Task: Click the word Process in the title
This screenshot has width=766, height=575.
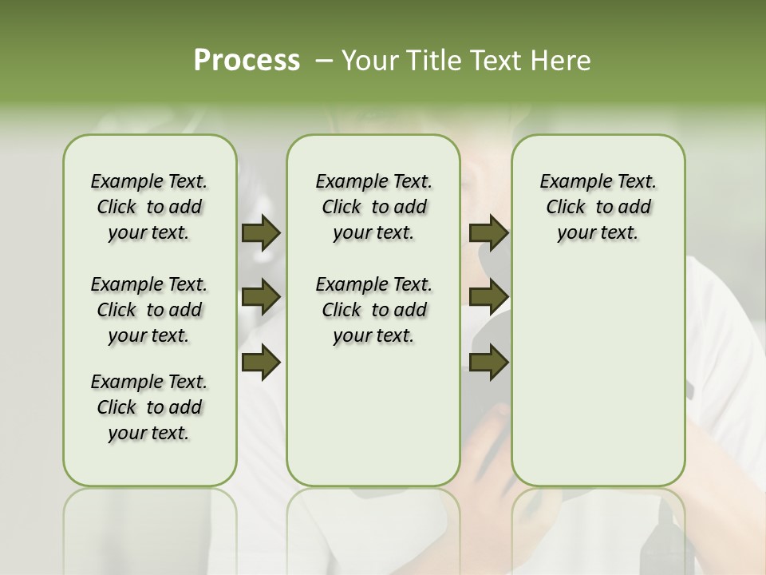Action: click(x=247, y=61)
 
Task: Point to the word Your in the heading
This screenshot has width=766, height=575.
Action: click(x=364, y=61)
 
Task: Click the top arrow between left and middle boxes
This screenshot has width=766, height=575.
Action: click(x=261, y=232)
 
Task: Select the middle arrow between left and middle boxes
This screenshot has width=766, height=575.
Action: click(x=261, y=297)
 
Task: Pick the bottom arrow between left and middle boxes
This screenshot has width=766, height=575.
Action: click(x=261, y=362)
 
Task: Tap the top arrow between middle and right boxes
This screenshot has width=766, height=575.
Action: click(x=489, y=232)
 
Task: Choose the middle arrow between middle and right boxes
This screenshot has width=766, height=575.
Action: click(x=489, y=297)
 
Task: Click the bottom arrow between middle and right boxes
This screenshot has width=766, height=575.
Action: click(x=489, y=362)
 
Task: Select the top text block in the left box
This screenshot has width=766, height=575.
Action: click(x=149, y=207)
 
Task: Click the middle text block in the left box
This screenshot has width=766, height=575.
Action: click(x=149, y=310)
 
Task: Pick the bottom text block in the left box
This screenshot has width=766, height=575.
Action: click(x=149, y=407)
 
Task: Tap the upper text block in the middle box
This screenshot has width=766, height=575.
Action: click(x=373, y=207)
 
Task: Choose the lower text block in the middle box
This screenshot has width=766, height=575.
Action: click(x=373, y=310)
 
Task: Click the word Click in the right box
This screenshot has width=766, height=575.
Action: click(x=566, y=207)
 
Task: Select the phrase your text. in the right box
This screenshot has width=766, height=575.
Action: click(x=598, y=232)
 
